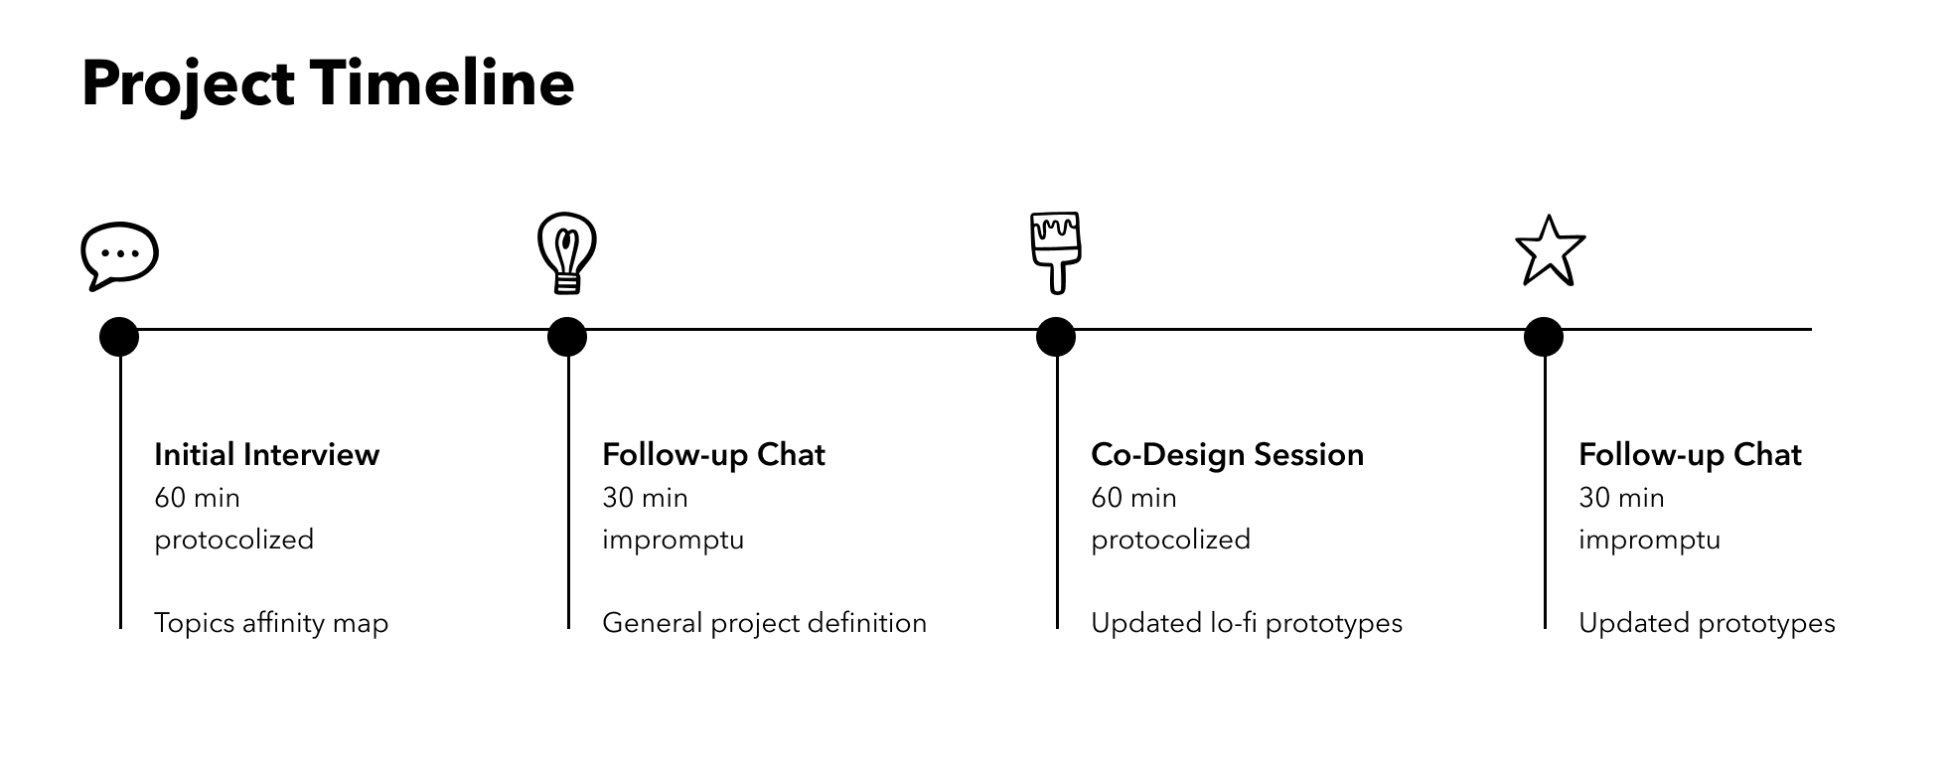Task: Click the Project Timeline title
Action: pyautogui.click(x=328, y=85)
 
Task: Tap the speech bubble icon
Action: pyautogui.click(x=119, y=255)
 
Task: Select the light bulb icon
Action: pyautogui.click(x=566, y=253)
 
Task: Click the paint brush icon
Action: pyautogui.click(x=1055, y=253)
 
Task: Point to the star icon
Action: pyautogui.click(x=1550, y=250)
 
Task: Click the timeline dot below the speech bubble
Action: pyautogui.click(x=119, y=337)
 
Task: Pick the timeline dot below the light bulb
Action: pyautogui.click(x=567, y=337)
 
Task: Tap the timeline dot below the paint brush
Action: pyautogui.click(x=1056, y=337)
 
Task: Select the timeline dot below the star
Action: pyautogui.click(x=1544, y=337)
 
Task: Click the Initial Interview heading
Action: pyautogui.click(x=266, y=454)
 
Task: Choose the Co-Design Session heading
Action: pyautogui.click(x=1227, y=454)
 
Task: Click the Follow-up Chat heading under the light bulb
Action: pyautogui.click(x=713, y=454)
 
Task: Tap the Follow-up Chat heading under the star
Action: pyautogui.click(x=1690, y=454)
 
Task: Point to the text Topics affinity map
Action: pyautogui.click(x=271, y=623)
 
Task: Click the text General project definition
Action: pyautogui.click(x=764, y=623)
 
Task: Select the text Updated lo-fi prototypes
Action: pyautogui.click(x=1247, y=623)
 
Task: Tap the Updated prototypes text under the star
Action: pyautogui.click(x=1707, y=623)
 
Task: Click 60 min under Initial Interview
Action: pyautogui.click(x=197, y=497)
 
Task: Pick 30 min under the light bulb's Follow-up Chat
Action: pyautogui.click(x=645, y=497)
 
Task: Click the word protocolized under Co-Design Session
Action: pyautogui.click(x=1170, y=540)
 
